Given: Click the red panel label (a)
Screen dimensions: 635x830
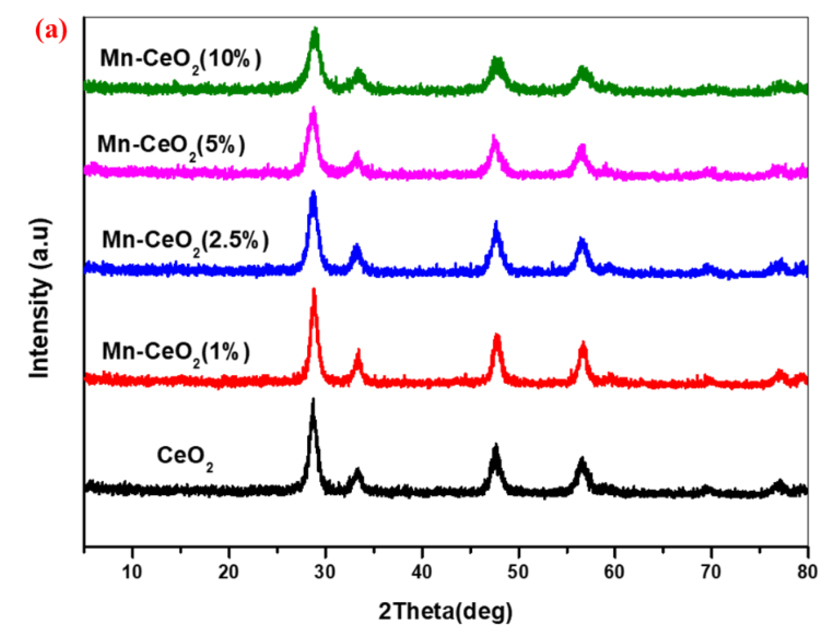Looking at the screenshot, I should tap(51, 31).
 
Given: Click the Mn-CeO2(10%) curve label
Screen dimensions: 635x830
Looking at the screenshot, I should tap(181, 60).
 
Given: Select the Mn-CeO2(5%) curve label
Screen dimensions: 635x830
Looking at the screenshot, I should tap(171, 146).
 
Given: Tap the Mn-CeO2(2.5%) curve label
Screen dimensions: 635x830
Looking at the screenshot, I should tap(185, 242).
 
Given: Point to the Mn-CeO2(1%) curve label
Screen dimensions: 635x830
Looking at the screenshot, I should tap(176, 353).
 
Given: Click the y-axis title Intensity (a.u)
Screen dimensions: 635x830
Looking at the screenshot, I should tap(40, 298).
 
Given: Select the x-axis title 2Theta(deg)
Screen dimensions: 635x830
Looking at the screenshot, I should tap(445, 611).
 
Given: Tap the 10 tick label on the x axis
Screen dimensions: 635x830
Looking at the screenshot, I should tap(132, 572).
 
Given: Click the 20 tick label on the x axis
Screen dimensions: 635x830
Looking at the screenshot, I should tap(228, 572).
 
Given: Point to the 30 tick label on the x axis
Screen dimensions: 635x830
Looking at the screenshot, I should tap(325, 572).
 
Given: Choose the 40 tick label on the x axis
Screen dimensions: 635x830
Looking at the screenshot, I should tap(422, 572).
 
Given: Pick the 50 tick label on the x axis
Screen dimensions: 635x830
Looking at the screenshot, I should tap(518, 572).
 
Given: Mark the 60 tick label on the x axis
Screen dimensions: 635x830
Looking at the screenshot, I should tap(615, 572).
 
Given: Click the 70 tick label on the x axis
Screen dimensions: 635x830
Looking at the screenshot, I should tap(711, 572).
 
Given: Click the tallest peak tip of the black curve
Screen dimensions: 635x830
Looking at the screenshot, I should tap(313, 399).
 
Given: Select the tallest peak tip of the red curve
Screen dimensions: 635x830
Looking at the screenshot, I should tap(314, 289).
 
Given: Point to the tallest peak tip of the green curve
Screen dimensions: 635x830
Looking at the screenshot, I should tap(316, 28).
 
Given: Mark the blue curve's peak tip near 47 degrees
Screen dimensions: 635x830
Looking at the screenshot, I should tap(496, 222).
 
